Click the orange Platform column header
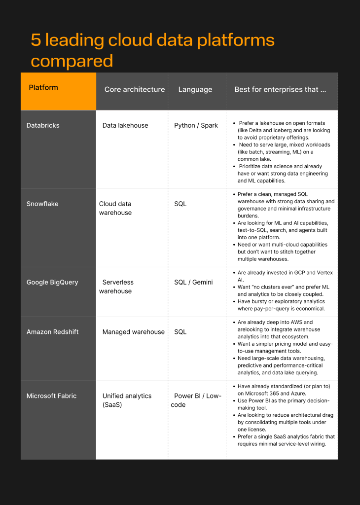pyautogui.click(x=43, y=88)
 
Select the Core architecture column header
pyautogui.click(x=134, y=90)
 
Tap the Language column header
pyautogui.click(x=195, y=90)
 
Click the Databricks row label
pyautogui.click(x=43, y=125)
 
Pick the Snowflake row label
pyautogui.click(x=42, y=204)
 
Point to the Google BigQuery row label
pyautogui.click(x=52, y=283)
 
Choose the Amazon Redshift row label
pyautogui.click(x=53, y=332)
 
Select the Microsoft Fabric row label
pyautogui.click(x=51, y=396)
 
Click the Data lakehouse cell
pyautogui.click(x=125, y=125)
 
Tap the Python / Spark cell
pyautogui.click(x=196, y=125)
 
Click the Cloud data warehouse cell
pyautogui.click(x=115, y=208)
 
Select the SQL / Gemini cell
pyautogui.click(x=193, y=283)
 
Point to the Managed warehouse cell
pyautogui.click(x=133, y=332)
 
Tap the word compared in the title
pyautogui.click(x=72, y=61)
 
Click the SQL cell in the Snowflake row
pyautogui.click(x=180, y=204)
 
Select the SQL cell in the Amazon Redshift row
pyautogui.click(x=180, y=332)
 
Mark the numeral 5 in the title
pyautogui.click(x=36, y=40)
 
